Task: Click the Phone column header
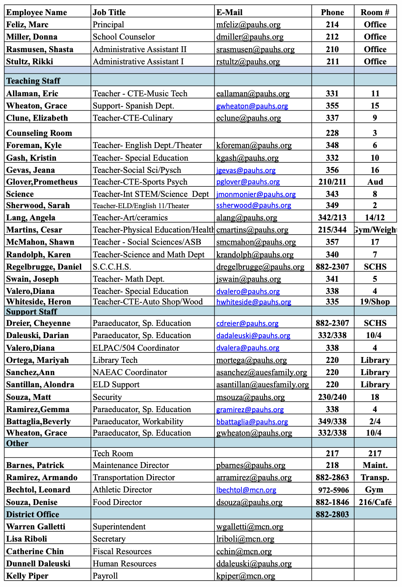pyautogui.click(x=332, y=12)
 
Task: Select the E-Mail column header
pyautogui.click(x=229, y=12)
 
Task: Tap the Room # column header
pyautogui.click(x=375, y=12)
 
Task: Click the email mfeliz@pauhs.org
pyautogui.click(x=248, y=25)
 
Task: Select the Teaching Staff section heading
pyautogui.click(x=33, y=81)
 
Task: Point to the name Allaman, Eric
pyautogui.click(x=32, y=93)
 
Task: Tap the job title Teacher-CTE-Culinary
pyautogui.click(x=132, y=118)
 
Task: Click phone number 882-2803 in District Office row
pyautogui.click(x=332, y=514)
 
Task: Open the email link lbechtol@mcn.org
pyautogui.click(x=246, y=490)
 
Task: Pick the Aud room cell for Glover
pyautogui.click(x=375, y=182)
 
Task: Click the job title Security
pyautogui.click(x=107, y=397)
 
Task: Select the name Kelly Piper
pyautogui.click(x=27, y=576)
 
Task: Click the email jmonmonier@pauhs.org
pyautogui.click(x=256, y=194)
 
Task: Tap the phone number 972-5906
pyautogui.click(x=332, y=490)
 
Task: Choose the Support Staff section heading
pyautogui.click(x=32, y=312)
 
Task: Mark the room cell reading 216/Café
pyautogui.click(x=375, y=502)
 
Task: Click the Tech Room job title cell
pyautogui.click(x=113, y=453)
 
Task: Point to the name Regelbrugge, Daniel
pyautogui.click(x=44, y=267)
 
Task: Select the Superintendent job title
pyautogui.click(x=119, y=526)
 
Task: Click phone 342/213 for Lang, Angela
pyautogui.click(x=332, y=217)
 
